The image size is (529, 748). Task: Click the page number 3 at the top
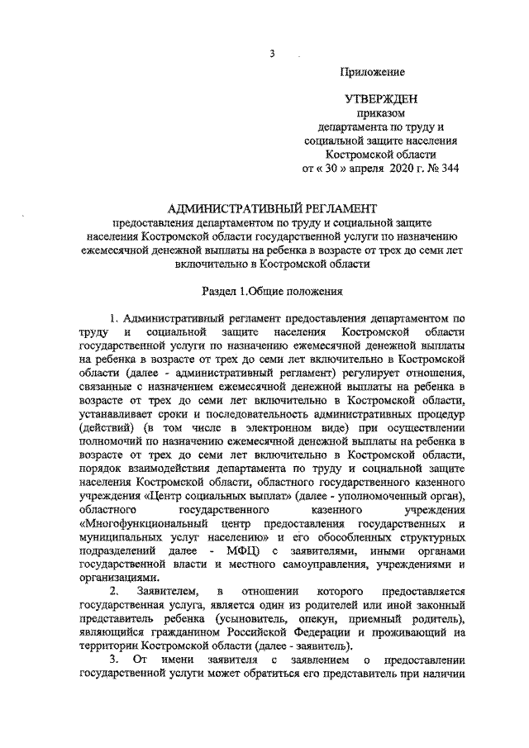coord(271,55)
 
